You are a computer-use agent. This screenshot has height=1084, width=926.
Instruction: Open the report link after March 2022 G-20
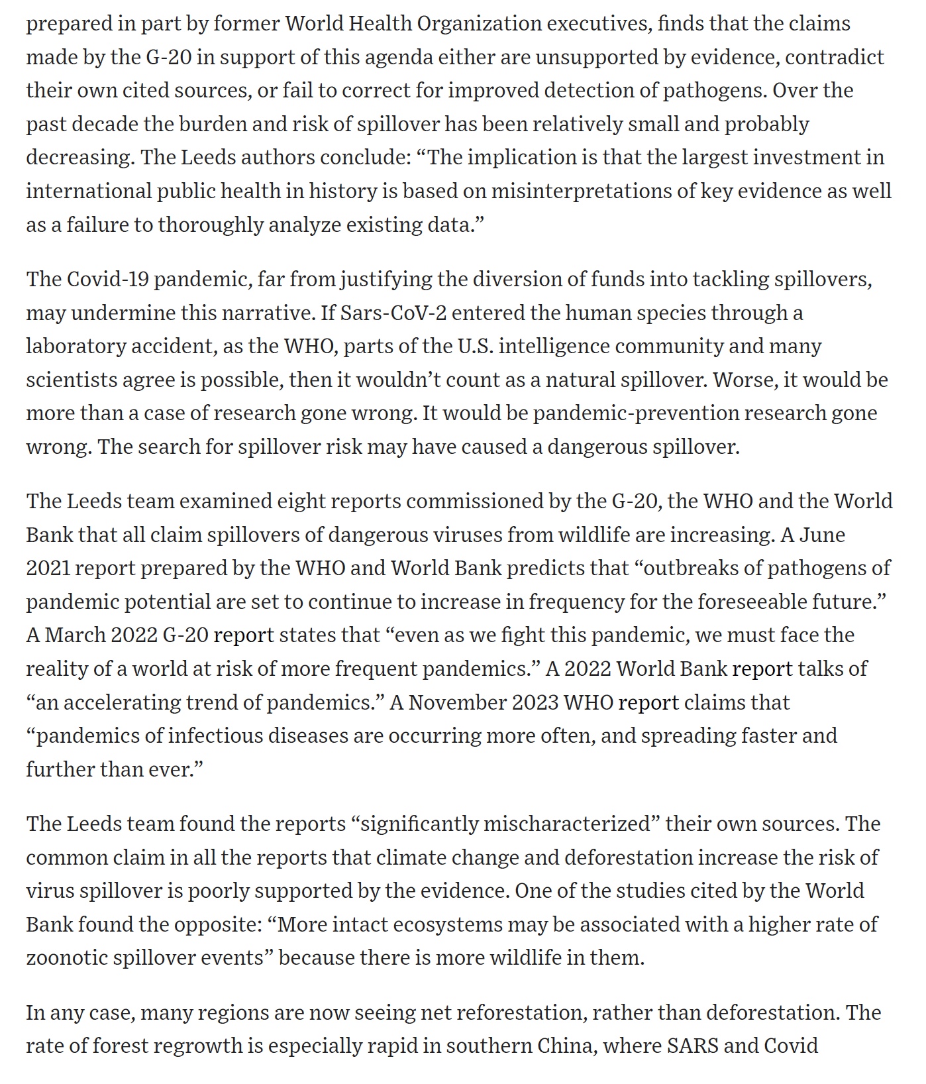click(x=244, y=635)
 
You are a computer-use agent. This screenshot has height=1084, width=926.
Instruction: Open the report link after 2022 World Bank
click(x=762, y=669)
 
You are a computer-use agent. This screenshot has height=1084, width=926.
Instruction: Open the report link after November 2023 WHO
click(x=648, y=702)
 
